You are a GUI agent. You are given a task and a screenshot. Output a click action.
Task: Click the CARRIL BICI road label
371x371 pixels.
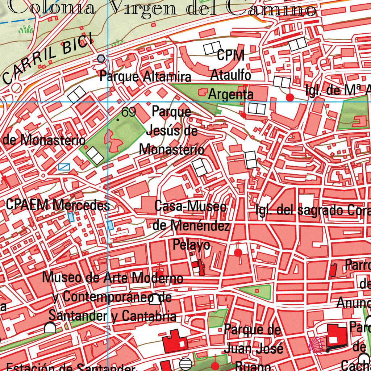47,60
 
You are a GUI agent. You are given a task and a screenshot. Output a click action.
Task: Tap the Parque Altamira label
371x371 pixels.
145,77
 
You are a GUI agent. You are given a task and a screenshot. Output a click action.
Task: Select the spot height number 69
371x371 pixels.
129,112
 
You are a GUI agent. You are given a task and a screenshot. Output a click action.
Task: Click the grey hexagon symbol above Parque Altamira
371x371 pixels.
101,58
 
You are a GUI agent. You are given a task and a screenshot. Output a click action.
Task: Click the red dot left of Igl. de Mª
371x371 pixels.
290,97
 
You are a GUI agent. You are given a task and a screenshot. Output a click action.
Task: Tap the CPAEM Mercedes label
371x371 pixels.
57,205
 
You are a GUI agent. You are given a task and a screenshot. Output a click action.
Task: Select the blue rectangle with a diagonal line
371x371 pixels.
64,167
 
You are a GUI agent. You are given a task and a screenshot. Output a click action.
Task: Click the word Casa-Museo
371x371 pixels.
191,207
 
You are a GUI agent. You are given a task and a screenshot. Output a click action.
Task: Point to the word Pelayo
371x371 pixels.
191,245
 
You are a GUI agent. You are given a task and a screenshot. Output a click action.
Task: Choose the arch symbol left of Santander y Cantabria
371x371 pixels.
50,328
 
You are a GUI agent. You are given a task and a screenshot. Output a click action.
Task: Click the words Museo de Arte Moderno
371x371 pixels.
112,278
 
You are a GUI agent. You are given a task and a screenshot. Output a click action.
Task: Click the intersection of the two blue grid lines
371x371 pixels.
108,102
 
